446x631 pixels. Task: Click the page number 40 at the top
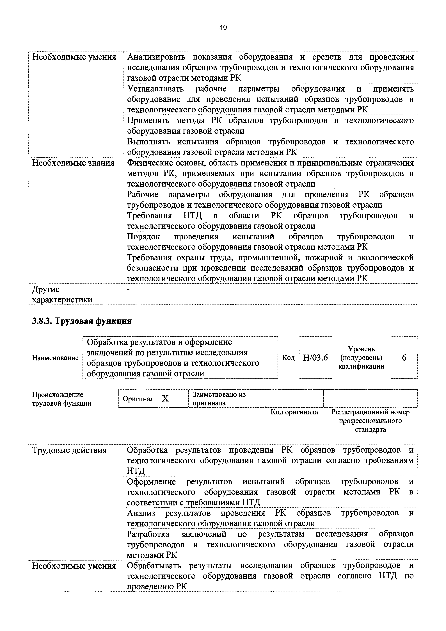[x=223, y=27]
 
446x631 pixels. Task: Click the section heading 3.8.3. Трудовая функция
[x=82, y=321]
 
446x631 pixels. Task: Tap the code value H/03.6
[x=315, y=358]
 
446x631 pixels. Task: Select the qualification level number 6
[x=404, y=358]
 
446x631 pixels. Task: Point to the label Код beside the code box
[x=288, y=358]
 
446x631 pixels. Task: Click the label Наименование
[x=55, y=358]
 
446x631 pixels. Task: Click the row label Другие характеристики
[x=62, y=294]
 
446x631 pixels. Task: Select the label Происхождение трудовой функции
[x=62, y=399]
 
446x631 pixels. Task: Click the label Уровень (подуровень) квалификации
[x=361, y=358]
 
